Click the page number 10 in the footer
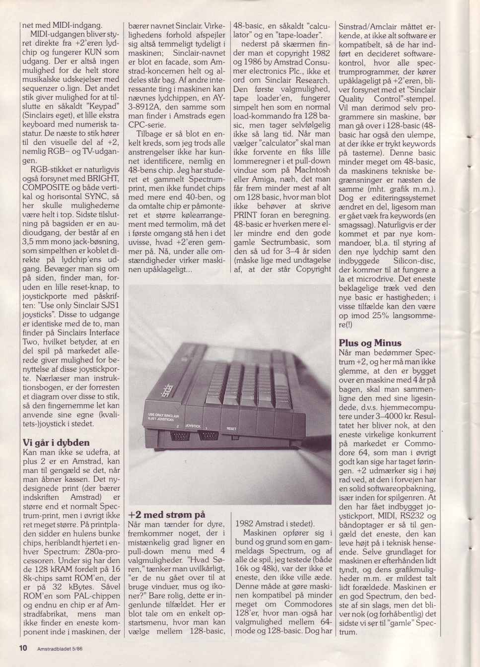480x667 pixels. (23, 648)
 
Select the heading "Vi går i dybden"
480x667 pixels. (56, 443)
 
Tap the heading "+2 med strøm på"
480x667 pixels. (166, 515)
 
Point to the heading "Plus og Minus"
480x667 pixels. (370, 342)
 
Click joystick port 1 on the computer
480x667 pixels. (209, 437)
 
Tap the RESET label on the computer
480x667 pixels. (231, 428)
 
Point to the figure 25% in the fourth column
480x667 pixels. (378, 316)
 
